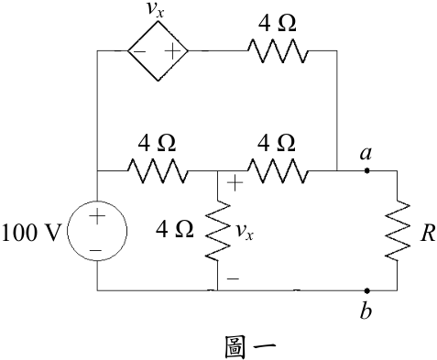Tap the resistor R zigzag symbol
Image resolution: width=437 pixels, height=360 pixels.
398,231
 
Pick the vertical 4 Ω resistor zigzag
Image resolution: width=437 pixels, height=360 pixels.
218,231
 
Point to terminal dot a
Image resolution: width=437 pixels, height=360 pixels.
367,171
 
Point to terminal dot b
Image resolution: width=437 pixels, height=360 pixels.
367,290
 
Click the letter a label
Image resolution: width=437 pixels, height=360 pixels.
366,153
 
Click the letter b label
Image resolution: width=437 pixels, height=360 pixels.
366,311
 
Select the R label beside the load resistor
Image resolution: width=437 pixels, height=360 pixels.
428,234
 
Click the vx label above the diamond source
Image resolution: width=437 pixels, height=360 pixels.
156,10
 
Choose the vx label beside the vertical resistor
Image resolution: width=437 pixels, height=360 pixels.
245,232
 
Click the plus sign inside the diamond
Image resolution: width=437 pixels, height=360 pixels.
172,51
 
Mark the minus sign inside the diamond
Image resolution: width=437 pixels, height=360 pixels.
139,51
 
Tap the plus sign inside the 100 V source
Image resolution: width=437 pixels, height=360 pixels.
97,216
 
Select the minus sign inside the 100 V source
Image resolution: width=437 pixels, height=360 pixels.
96,251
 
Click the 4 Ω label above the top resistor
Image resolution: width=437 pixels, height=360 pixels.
277,24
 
